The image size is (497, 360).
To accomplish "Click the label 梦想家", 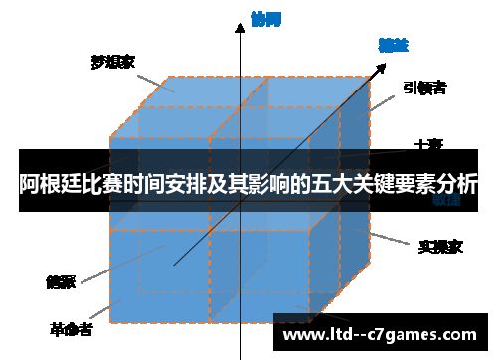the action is [113, 62].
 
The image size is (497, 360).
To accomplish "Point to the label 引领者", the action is [425, 88].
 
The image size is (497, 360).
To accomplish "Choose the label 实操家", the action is [438, 245].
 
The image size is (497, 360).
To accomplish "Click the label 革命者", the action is [72, 328].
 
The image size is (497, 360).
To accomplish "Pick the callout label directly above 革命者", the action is [61, 281].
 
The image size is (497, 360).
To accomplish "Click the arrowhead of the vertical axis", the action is [240, 29].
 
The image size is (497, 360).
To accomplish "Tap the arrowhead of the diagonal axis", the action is [382, 68].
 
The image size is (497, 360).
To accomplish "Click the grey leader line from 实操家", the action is [389, 239].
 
